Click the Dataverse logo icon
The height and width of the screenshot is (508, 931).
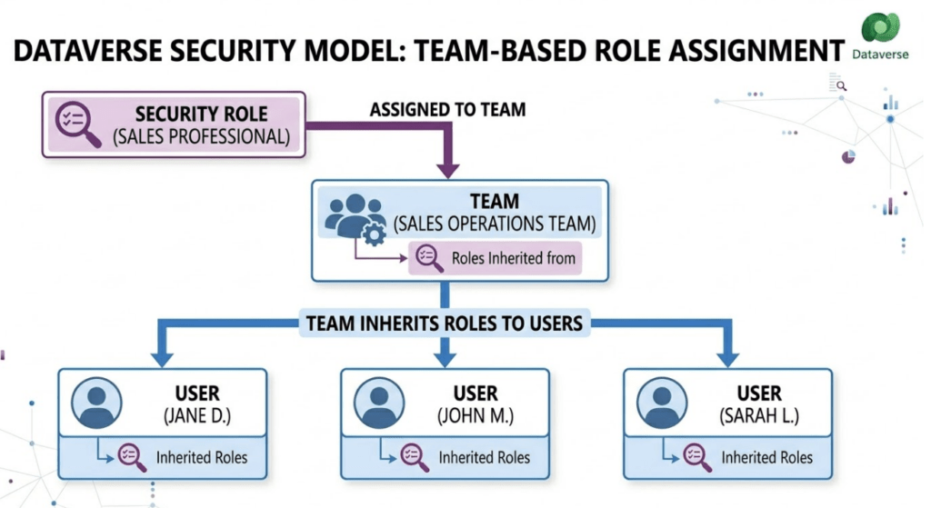[880, 30]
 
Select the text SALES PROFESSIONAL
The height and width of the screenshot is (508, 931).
[201, 138]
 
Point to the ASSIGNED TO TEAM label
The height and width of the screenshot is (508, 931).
[447, 110]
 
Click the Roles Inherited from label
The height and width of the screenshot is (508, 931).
[513, 258]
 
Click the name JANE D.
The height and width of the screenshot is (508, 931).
[196, 417]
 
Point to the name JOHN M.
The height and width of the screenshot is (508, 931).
[476, 417]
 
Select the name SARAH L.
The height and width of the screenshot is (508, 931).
[758, 417]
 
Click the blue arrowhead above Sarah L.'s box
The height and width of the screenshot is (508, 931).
[726, 357]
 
